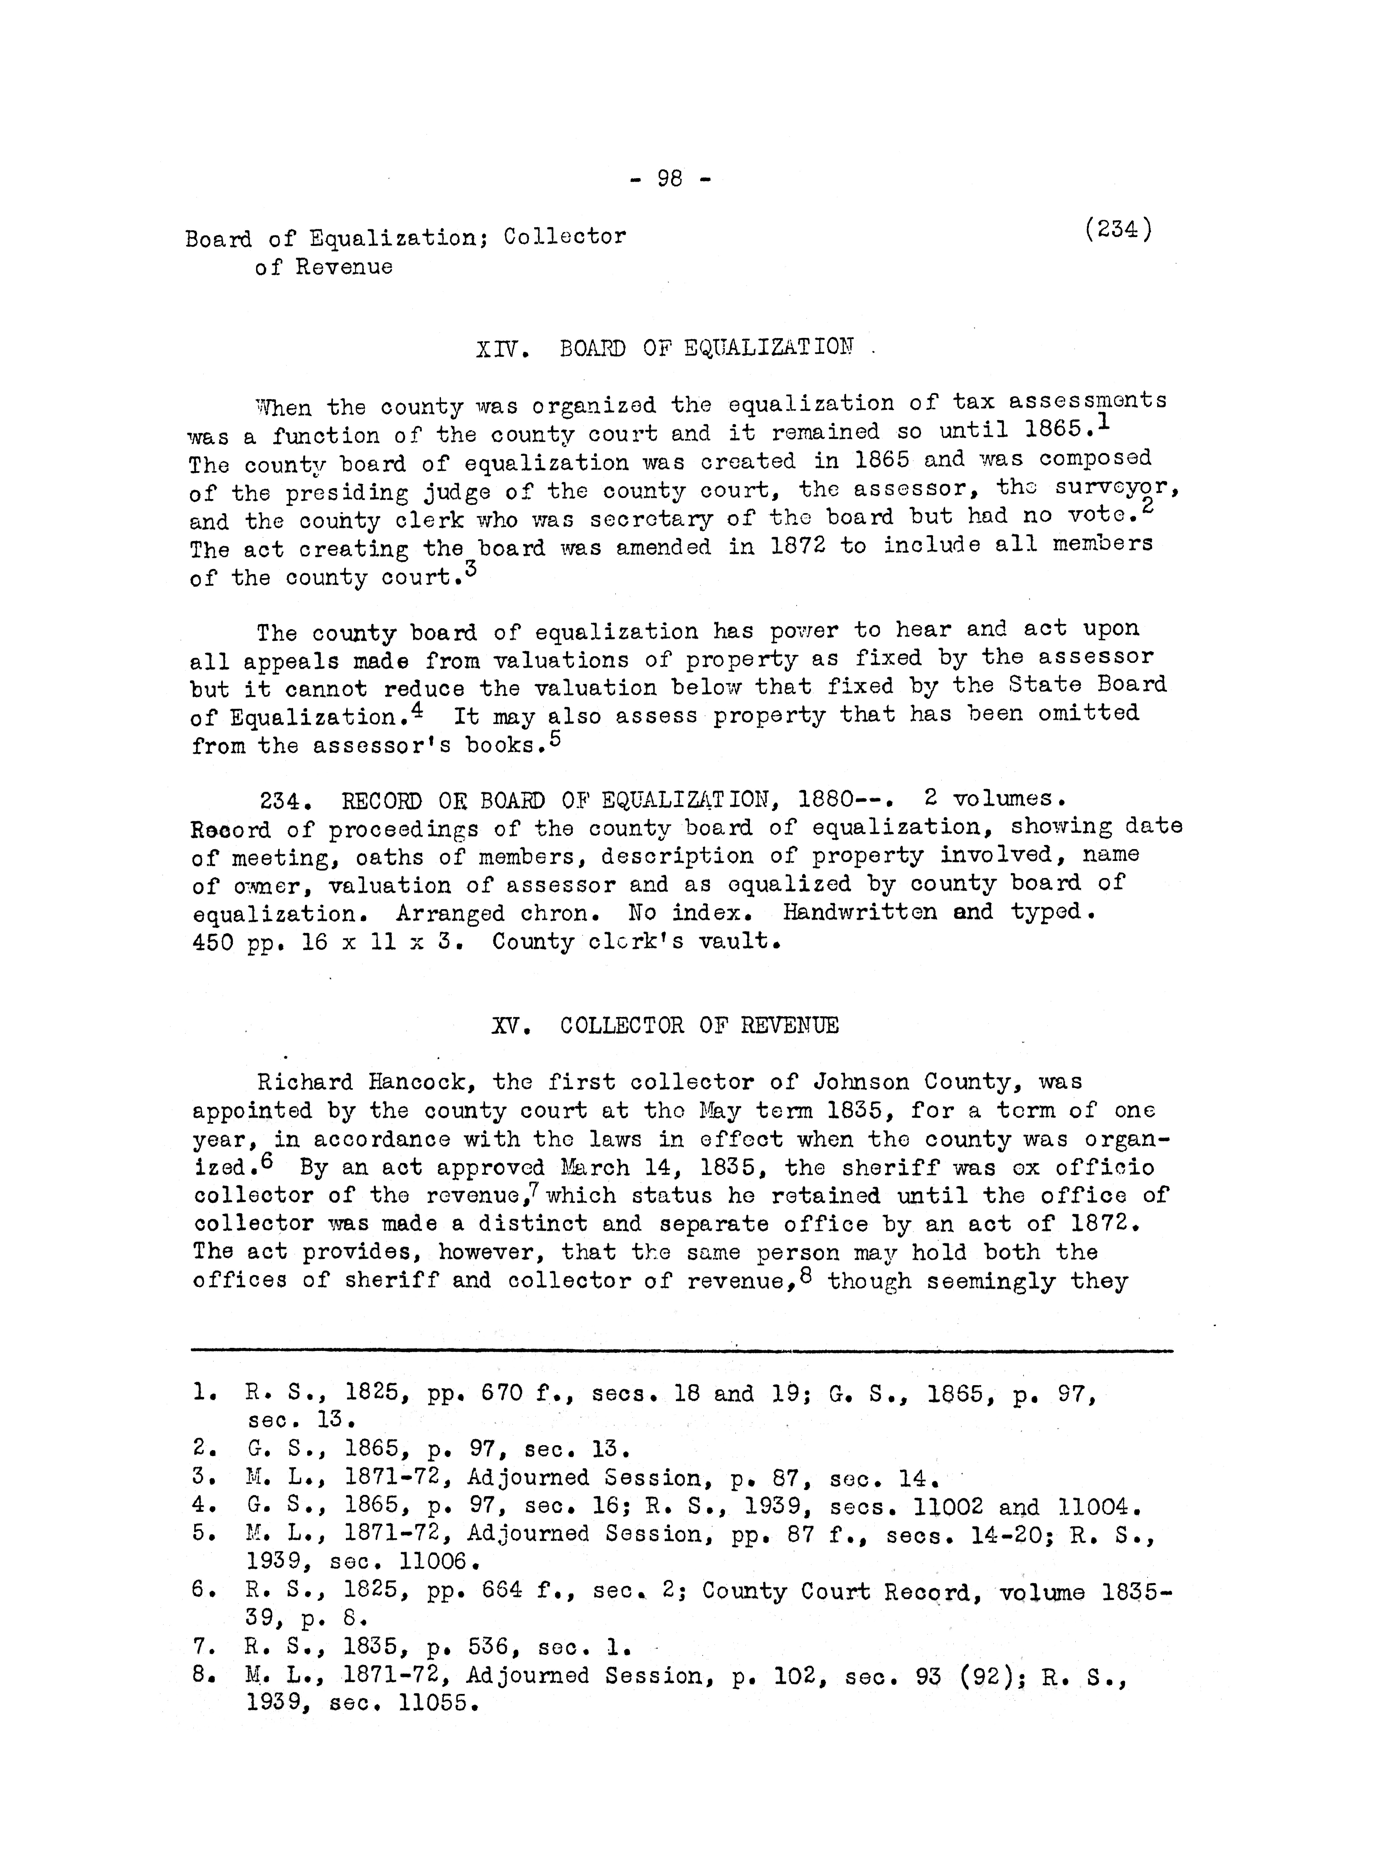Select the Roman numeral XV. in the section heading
[511, 1026]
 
